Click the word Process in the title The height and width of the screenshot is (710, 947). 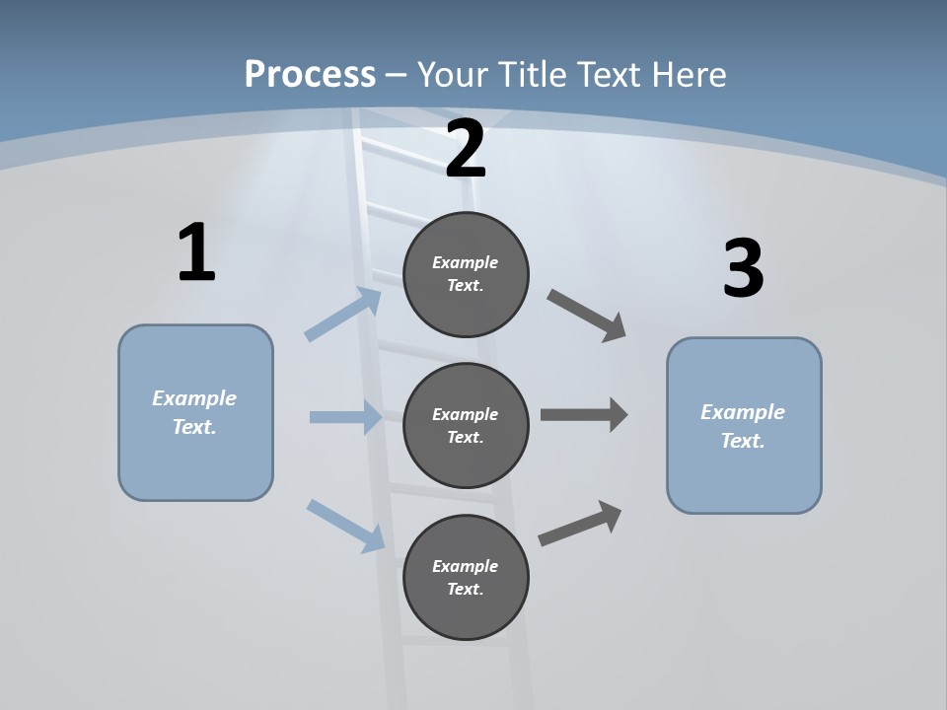(x=310, y=75)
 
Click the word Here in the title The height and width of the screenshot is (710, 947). (x=690, y=74)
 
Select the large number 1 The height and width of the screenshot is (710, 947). (x=197, y=251)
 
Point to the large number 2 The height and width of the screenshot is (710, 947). (x=466, y=148)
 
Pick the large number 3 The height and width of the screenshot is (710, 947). (x=744, y=267)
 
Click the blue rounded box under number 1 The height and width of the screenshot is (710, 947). (x=195, y=413)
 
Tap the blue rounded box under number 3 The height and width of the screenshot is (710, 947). (x=744, y=426)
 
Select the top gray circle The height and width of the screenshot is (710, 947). (x=466, y=275)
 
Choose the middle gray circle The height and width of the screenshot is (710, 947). (x=466, y=426)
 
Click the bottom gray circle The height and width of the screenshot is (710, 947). (x=466, y=577)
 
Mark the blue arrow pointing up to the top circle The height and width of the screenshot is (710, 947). (x=342, y=314)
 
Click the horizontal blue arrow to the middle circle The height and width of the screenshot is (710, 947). (x=346, y=416)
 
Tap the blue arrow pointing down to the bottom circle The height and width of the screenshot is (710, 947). (x=345, y=527)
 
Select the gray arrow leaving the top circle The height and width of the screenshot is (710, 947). (x=586, y=316)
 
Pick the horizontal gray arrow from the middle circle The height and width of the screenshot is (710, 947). (x=584, y=415)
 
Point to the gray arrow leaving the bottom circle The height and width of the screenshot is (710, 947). (x=580, y=524)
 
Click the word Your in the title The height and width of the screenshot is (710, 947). (x=453, y=74)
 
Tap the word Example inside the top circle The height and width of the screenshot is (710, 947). (x=465, y=262)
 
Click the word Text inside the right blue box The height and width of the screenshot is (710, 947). (x=743, y=440)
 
